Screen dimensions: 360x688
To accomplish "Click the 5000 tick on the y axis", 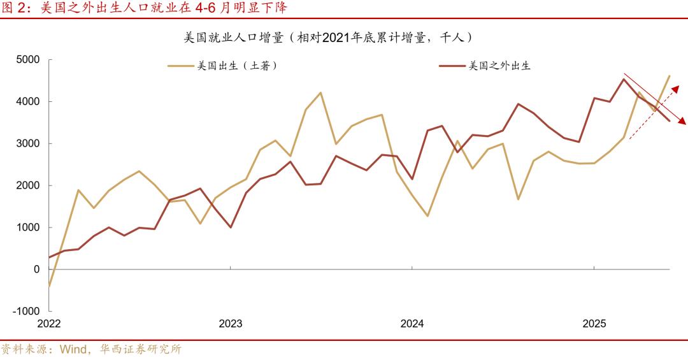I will click(27, 60).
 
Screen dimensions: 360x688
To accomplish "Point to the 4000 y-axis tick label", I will click(27, 102).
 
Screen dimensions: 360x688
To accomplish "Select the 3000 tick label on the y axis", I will click(27, 144).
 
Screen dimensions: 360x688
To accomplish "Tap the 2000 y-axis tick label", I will click(27, 186).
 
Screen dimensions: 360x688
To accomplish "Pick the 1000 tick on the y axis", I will click(27, 227).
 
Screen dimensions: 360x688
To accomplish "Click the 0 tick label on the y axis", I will click(36, 270).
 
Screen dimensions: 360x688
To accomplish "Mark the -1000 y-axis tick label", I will click(25, 312).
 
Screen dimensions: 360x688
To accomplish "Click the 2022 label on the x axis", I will click(49, 324).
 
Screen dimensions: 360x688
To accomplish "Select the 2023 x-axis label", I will click(231, 324).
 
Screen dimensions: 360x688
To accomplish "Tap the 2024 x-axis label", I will click(412, 324).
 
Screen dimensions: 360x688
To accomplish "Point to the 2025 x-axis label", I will click(594, 324).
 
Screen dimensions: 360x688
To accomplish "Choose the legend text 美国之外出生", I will click(499, 66).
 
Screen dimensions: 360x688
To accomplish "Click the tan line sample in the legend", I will click(181, 66).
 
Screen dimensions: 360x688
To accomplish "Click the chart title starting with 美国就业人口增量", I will click(329, 38).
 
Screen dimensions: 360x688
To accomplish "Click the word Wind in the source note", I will click(74, 349).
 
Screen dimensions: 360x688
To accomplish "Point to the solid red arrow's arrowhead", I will click(682, 121).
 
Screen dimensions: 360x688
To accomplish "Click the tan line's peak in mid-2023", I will click(320, 92).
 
